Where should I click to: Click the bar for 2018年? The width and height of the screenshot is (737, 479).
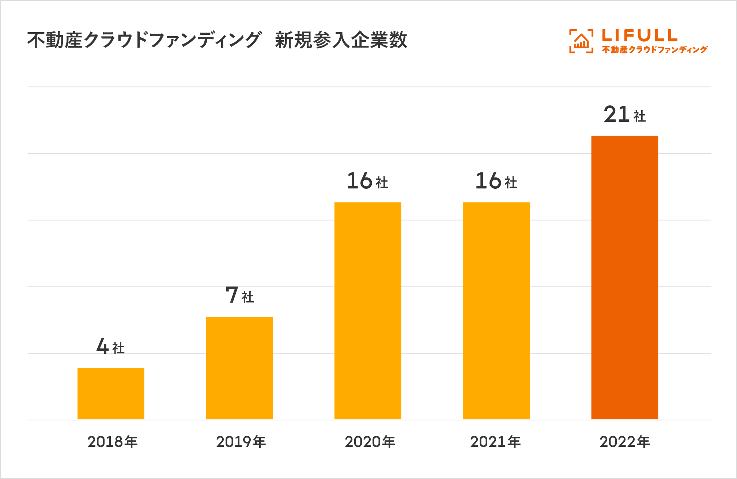(x=111, y=393)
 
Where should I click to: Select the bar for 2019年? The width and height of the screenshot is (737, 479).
(x=239, y=368)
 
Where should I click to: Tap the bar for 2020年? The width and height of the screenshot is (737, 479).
(x=368, y=311)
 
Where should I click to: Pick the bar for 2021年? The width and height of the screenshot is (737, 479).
(x=496, y=311)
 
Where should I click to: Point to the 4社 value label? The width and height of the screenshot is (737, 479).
(x=110, y=347)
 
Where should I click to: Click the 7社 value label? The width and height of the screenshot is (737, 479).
(x=240, y=295)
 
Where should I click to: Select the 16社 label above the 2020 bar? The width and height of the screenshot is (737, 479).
(x=367, y=181)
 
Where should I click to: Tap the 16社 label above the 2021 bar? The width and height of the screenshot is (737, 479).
(x=496, y=181)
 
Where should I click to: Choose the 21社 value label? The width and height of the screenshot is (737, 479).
(x=625, y=115)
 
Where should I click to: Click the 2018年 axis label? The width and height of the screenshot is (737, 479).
(x=112, y=442)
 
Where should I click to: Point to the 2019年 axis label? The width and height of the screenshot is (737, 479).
(x=241, y=442)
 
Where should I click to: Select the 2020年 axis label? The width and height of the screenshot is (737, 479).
(x=370, y=442)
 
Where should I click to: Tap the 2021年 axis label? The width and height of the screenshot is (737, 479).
(x=495, y=442)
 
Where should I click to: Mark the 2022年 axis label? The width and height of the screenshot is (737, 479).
(x=625, y=442)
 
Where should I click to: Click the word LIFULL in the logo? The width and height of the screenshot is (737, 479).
(x=640, y=35)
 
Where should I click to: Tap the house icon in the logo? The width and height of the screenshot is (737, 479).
(x=581, y=41)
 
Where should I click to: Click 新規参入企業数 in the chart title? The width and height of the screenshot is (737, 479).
(x=341, y=40)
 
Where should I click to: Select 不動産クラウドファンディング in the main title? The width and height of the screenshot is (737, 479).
(x=144, y=40)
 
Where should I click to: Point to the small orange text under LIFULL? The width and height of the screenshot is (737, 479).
(x=655, y=50)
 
